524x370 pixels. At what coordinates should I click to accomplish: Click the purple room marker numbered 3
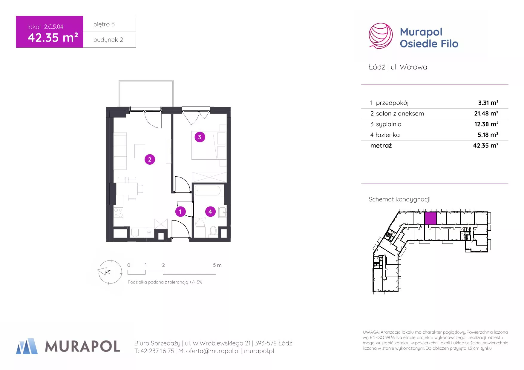200,137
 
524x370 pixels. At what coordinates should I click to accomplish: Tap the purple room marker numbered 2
150,159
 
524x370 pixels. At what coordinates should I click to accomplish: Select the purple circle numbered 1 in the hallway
180,212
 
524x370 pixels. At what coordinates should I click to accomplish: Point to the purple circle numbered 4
210,212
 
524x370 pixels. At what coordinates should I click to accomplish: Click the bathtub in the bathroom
208,191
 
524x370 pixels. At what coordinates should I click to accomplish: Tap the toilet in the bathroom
213,230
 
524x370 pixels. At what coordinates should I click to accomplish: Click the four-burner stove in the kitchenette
119,212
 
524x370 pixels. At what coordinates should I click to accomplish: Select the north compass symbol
110,272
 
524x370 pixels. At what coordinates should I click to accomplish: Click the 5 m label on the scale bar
217,265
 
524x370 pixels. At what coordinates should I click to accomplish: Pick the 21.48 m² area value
486,113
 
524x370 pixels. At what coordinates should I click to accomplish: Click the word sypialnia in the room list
389,124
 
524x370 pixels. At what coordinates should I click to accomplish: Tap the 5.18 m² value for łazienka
488,135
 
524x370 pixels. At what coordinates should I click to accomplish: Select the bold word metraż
381,146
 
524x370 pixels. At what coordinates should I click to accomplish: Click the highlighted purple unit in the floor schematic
430,218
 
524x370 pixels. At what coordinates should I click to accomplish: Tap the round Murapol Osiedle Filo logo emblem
381,36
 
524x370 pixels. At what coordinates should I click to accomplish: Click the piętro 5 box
110,24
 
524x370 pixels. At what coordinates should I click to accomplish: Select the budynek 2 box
110,40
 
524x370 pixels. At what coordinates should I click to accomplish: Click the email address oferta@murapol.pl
213,351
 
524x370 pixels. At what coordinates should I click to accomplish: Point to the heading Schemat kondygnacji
399,199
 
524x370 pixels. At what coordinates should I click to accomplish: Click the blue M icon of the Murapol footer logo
27,346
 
